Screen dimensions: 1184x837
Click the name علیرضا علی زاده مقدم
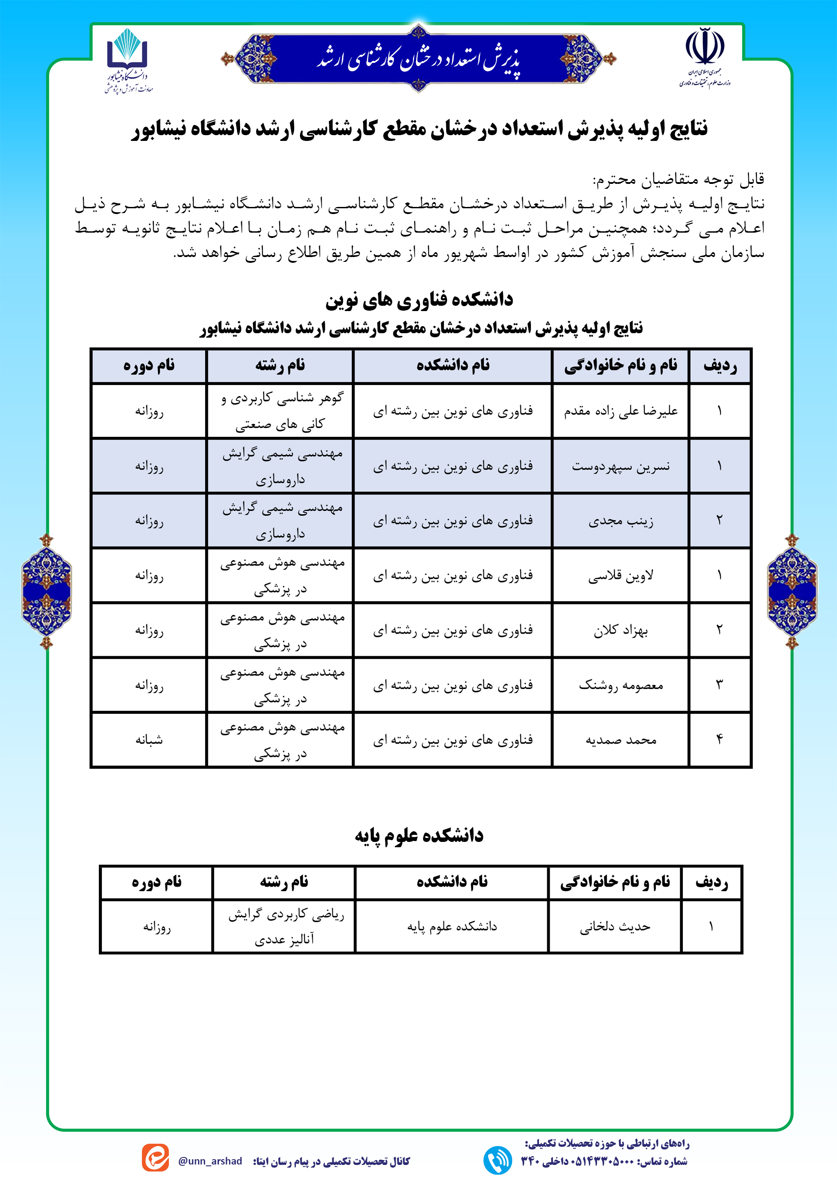(620, 411)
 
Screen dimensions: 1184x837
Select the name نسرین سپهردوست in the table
(620, 466)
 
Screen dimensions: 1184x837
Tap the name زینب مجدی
(620, 521)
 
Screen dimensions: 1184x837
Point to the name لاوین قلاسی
(620, 576)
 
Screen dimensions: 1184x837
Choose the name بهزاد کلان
(620, 630)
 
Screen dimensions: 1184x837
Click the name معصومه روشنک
(620, 685)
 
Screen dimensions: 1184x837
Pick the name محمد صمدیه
(620, 740)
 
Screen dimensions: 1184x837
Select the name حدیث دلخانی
(615, 927)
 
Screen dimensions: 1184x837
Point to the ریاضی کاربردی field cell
(284, 927)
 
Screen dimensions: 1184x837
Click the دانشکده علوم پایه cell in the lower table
(452, 927)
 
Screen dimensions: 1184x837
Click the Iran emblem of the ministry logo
(705, 47)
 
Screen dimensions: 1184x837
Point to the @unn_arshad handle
(210, 1161)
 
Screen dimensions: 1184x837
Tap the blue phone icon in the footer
(497, 1160)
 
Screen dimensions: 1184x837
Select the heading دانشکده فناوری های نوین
(419, 300)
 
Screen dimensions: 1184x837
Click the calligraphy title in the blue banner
(418, 59)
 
